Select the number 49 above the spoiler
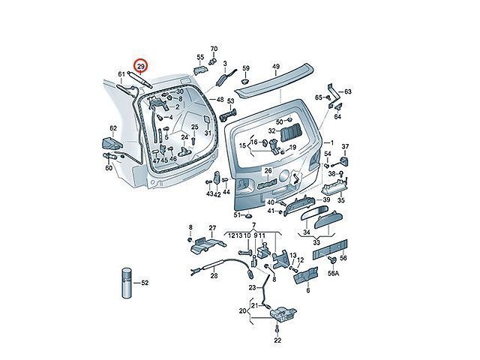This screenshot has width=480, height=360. [275, 67]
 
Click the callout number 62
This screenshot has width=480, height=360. [114, 128]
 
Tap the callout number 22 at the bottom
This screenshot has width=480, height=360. [277, 340]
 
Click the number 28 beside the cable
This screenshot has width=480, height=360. [214, 275]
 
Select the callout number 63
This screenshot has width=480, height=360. [348, 91]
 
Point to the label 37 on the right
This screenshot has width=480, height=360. [346, 145]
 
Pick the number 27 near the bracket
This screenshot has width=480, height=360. [212, 227]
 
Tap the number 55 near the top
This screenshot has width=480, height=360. [200, 57]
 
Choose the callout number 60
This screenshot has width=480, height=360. [109, 167]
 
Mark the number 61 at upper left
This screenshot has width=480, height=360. [121, 73]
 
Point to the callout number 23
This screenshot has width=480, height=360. [253, 287]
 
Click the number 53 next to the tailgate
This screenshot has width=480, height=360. [231, 103]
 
